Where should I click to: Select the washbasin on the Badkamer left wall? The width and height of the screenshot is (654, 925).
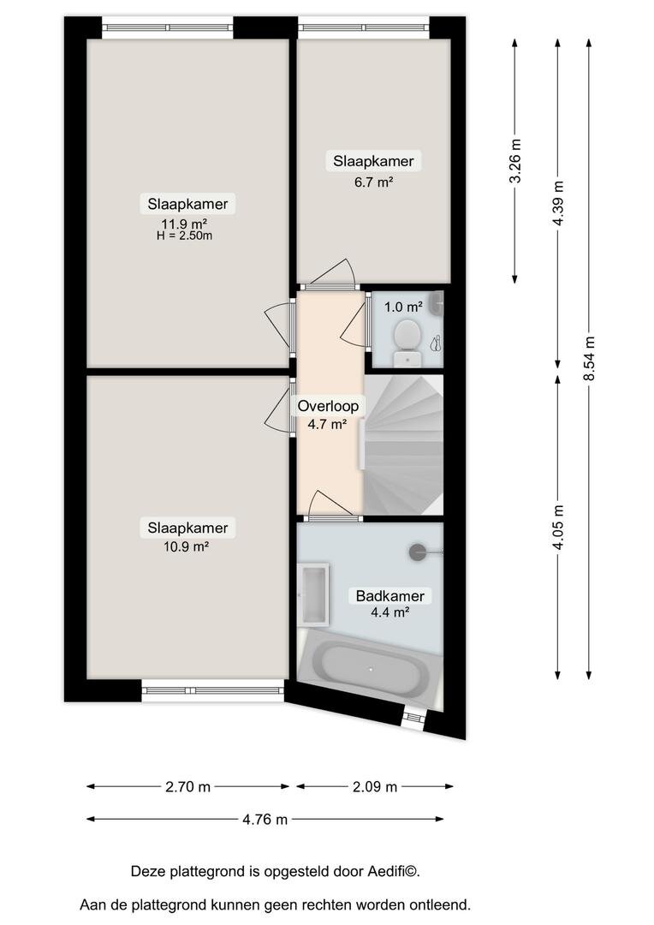(x=313, y=594)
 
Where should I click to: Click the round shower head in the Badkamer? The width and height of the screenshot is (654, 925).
(x=418, y=552)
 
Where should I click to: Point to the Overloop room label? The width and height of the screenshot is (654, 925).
(x=328, y=406)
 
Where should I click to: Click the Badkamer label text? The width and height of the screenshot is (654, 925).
(x=390, y=596)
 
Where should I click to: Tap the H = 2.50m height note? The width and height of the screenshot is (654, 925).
(x=185, y=236)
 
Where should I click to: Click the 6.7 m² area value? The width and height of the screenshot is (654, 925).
(x=374, y=182)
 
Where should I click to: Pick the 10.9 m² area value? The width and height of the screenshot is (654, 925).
(x=187, y=546)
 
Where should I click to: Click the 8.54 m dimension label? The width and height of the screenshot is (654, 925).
(x=589, y=358)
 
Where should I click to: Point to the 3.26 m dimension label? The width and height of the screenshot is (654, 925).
(x=515, y=160)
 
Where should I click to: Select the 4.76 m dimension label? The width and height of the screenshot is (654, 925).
(x=265, y=820)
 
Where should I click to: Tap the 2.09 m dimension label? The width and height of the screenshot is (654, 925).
(x=375, y=787)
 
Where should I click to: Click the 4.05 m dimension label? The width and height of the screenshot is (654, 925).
(x=558, y=527)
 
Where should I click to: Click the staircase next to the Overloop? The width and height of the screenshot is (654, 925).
(x=403, y=445)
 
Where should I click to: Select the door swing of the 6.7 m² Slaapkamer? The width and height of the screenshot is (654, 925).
(x=332, y=274)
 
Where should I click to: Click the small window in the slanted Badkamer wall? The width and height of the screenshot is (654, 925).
(x=413, y=718)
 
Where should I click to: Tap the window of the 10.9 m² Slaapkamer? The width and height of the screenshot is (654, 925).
(x=213, y=691)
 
